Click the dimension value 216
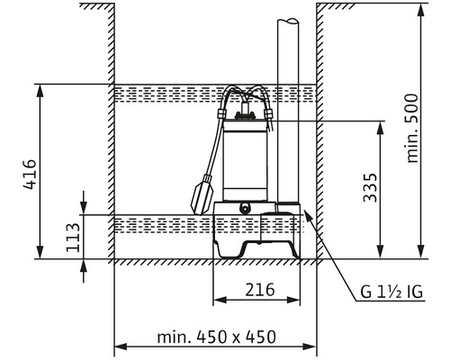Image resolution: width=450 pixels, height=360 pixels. (258, 290)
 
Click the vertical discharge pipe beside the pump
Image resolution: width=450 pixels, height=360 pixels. (288, 108)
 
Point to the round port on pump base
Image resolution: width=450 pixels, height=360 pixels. (245, 207)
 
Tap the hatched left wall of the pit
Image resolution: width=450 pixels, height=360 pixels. (108, 135)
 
